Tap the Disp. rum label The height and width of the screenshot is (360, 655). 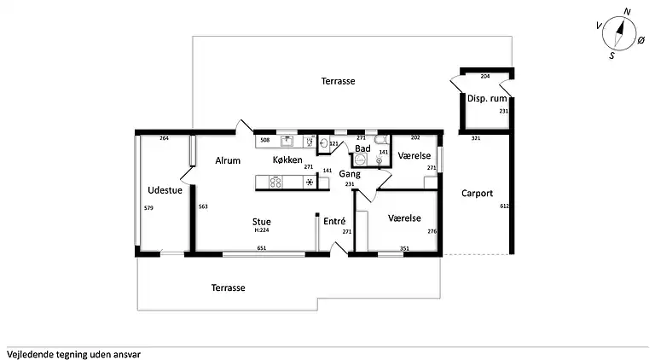click(x=487, y=99)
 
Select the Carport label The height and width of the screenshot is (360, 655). click(x=477, y=194)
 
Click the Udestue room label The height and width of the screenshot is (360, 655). click(x=165, y=190)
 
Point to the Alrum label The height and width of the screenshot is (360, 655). click(x=227, y=160)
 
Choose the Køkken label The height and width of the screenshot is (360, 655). click(x=287, y=160)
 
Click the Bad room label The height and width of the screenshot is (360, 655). click(x=362, y=148)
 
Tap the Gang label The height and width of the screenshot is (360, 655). click(x=350, y=173)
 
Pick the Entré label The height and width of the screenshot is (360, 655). click(x=333, y=221)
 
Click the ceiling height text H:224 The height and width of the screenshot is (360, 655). click(x=262, y=229)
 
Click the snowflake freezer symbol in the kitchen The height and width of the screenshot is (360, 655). click(x=309, y=182)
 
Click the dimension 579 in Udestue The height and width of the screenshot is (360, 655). click(x=148, y=208)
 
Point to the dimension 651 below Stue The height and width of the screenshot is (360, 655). click(x=263, y=248)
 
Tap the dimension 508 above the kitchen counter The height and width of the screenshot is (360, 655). click(x=264, y=139)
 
